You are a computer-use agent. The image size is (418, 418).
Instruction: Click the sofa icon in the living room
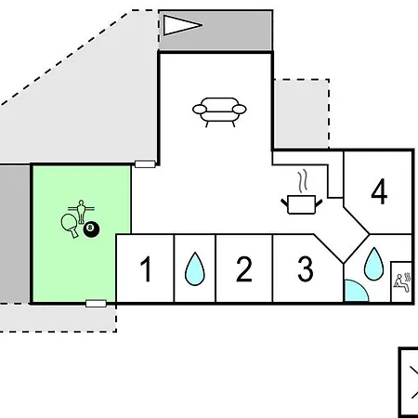219,112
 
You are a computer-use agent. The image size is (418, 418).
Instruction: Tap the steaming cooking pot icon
302,202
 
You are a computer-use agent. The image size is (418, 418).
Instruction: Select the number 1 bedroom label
146,268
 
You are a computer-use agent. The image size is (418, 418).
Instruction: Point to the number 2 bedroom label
244,268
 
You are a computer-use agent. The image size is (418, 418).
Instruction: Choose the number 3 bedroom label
306,268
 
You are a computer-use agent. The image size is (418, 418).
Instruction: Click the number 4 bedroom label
379,191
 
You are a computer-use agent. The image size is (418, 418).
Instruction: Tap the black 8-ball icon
91,229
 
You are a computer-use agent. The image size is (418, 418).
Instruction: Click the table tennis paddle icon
70,226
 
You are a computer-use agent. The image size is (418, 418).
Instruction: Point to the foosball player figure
81,212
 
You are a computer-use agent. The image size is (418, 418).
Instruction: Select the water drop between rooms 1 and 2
195,269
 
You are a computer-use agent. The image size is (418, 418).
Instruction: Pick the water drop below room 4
374,264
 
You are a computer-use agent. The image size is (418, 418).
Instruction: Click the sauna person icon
402,282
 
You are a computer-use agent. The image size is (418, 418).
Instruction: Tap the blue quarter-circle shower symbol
356,291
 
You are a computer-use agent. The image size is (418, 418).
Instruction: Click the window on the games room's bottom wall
96,304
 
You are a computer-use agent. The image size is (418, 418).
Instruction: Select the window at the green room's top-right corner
145,164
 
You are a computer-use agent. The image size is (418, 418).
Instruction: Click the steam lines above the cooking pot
303,181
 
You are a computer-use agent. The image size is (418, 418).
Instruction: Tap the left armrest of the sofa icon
200,110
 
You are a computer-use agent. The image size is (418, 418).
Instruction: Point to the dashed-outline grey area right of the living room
302,114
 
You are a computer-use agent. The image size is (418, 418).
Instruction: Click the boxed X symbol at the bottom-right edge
409,383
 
